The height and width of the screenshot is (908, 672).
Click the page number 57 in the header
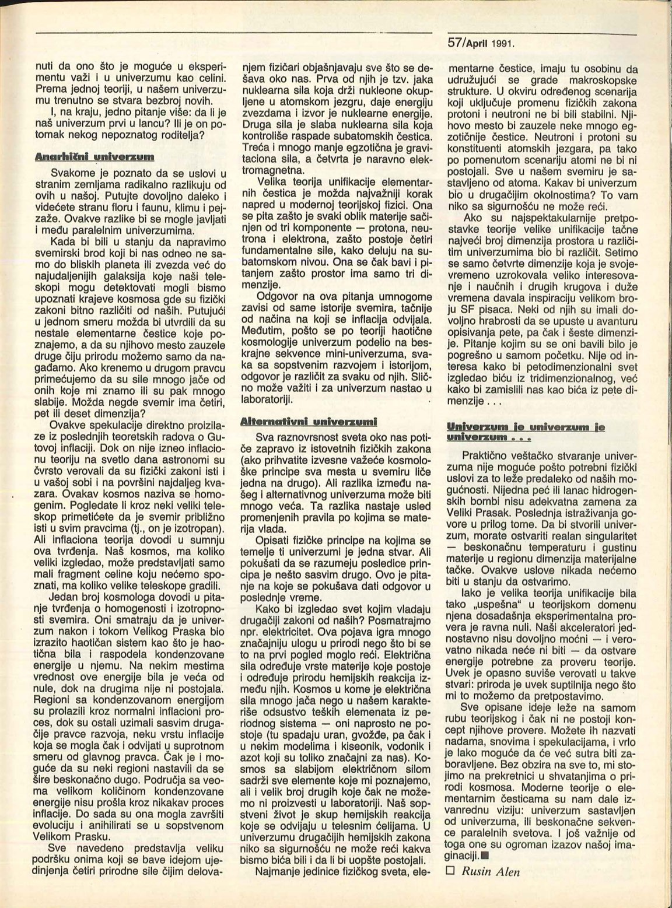[x=455, y=43]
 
